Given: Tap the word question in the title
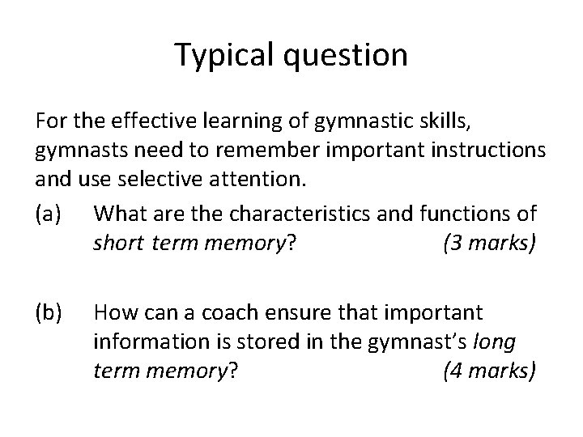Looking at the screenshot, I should coord(351,56).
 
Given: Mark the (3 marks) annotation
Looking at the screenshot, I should coord(490,242).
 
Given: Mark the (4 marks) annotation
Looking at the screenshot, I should coord(490,371).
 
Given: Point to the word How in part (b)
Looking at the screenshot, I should coord(113,312).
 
